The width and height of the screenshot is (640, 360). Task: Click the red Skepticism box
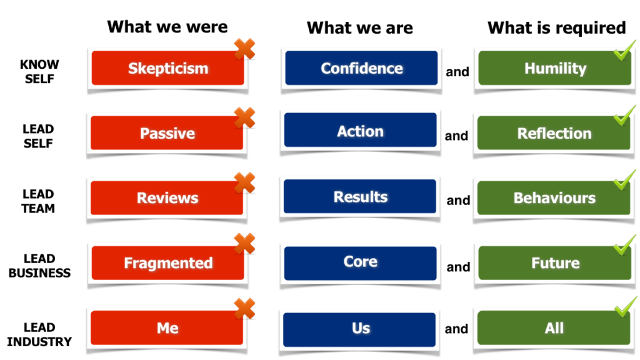tap(167, 68)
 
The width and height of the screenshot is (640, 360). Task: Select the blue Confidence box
tap(361, 68)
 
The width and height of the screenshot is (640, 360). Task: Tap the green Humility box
tap(555, 68)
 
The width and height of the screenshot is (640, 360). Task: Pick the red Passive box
tap(167, 133)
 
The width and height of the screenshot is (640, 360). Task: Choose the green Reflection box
tap(554, 133)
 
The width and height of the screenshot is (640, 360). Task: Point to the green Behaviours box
tap(554, 198)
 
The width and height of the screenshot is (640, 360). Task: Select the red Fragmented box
tap(167, 263)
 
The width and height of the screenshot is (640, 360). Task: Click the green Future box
tap(555, 263)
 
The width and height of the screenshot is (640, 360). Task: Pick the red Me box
tap(167, 328)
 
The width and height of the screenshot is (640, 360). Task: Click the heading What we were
tap(167, 27)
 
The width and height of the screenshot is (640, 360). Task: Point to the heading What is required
tap(556, 27)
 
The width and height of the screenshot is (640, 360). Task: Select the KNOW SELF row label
tap(39, 72)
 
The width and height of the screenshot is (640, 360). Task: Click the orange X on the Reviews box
tap(244, 183)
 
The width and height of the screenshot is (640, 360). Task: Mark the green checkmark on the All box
tap(624, 308)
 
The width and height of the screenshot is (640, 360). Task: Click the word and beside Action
tap(456, 136)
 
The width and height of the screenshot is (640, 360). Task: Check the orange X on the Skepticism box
tap(244, 49)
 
